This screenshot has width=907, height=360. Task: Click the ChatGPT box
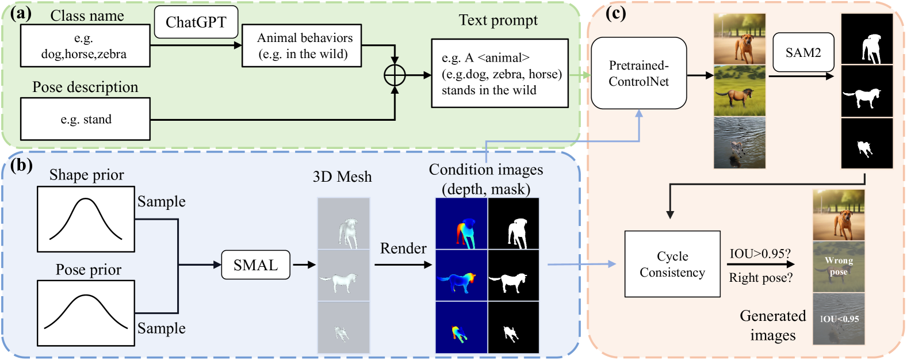(x=196, y=22)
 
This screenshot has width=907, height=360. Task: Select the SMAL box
(x=255, y=265)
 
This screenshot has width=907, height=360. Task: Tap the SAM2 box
(x=803, y=53)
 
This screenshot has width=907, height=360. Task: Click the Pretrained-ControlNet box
(x=638, y=73)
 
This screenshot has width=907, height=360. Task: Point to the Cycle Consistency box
(x=672, y=264)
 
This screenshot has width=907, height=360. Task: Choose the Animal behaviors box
(x=301, y=46)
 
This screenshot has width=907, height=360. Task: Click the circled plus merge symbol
(x=395, y=75)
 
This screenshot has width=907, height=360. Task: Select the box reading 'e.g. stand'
(x=86, y=119)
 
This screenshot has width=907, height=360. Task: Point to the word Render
(x=403, y=248)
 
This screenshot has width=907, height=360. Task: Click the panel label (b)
(x=21, y=166)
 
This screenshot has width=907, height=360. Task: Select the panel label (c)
(x=615, y=13)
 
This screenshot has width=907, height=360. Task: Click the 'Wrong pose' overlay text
(x=839, y=266)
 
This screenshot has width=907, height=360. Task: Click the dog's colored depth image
(x=461, y=224)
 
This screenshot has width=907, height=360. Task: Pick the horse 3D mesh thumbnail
(x=343, y=275)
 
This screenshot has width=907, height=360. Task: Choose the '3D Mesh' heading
(x=342, y=177)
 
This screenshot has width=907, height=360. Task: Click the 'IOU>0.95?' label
(x=760, y=254)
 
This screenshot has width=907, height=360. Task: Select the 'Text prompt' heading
(x=498, y=20)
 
